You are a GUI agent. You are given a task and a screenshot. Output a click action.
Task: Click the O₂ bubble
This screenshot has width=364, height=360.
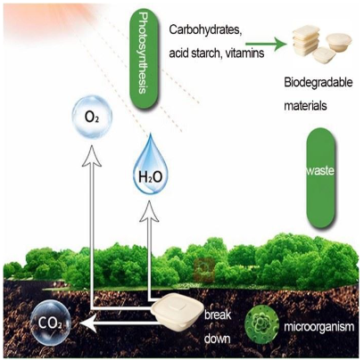pyautogui.click(x=92, y=117)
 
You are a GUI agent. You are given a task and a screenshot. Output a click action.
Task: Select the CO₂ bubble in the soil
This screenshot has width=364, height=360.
pyautogui.click(x=51, y=323)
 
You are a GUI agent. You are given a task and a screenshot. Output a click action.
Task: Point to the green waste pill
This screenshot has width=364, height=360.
pyautogui.click(x=321, y=178)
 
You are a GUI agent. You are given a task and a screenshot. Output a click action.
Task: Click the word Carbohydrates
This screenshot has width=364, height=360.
pyautogui.click(x=205, y=30)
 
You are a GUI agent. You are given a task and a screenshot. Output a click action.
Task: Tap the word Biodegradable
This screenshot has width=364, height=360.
pyautogui.click(x=318, y=83)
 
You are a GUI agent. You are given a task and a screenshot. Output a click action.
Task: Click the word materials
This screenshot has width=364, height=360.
pyautogui.click(x=305, y=105)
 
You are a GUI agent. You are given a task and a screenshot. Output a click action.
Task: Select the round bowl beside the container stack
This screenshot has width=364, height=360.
pyautogui.click(x=339, y=42)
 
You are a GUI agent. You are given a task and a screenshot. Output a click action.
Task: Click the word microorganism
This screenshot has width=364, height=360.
pyautogui.click(x=319, y=327)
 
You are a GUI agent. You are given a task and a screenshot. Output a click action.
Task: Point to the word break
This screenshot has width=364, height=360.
pyautogui.click(x=218, y=315)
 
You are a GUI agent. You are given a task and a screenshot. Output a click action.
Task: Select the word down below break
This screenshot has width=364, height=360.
pyautogui.click(x=217, y=338)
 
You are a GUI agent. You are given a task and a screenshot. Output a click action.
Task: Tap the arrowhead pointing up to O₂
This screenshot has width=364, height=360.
pyautogui.click(x=92, y=155)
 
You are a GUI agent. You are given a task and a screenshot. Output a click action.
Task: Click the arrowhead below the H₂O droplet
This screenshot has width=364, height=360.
pyautogui.click(x=149, y=211)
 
